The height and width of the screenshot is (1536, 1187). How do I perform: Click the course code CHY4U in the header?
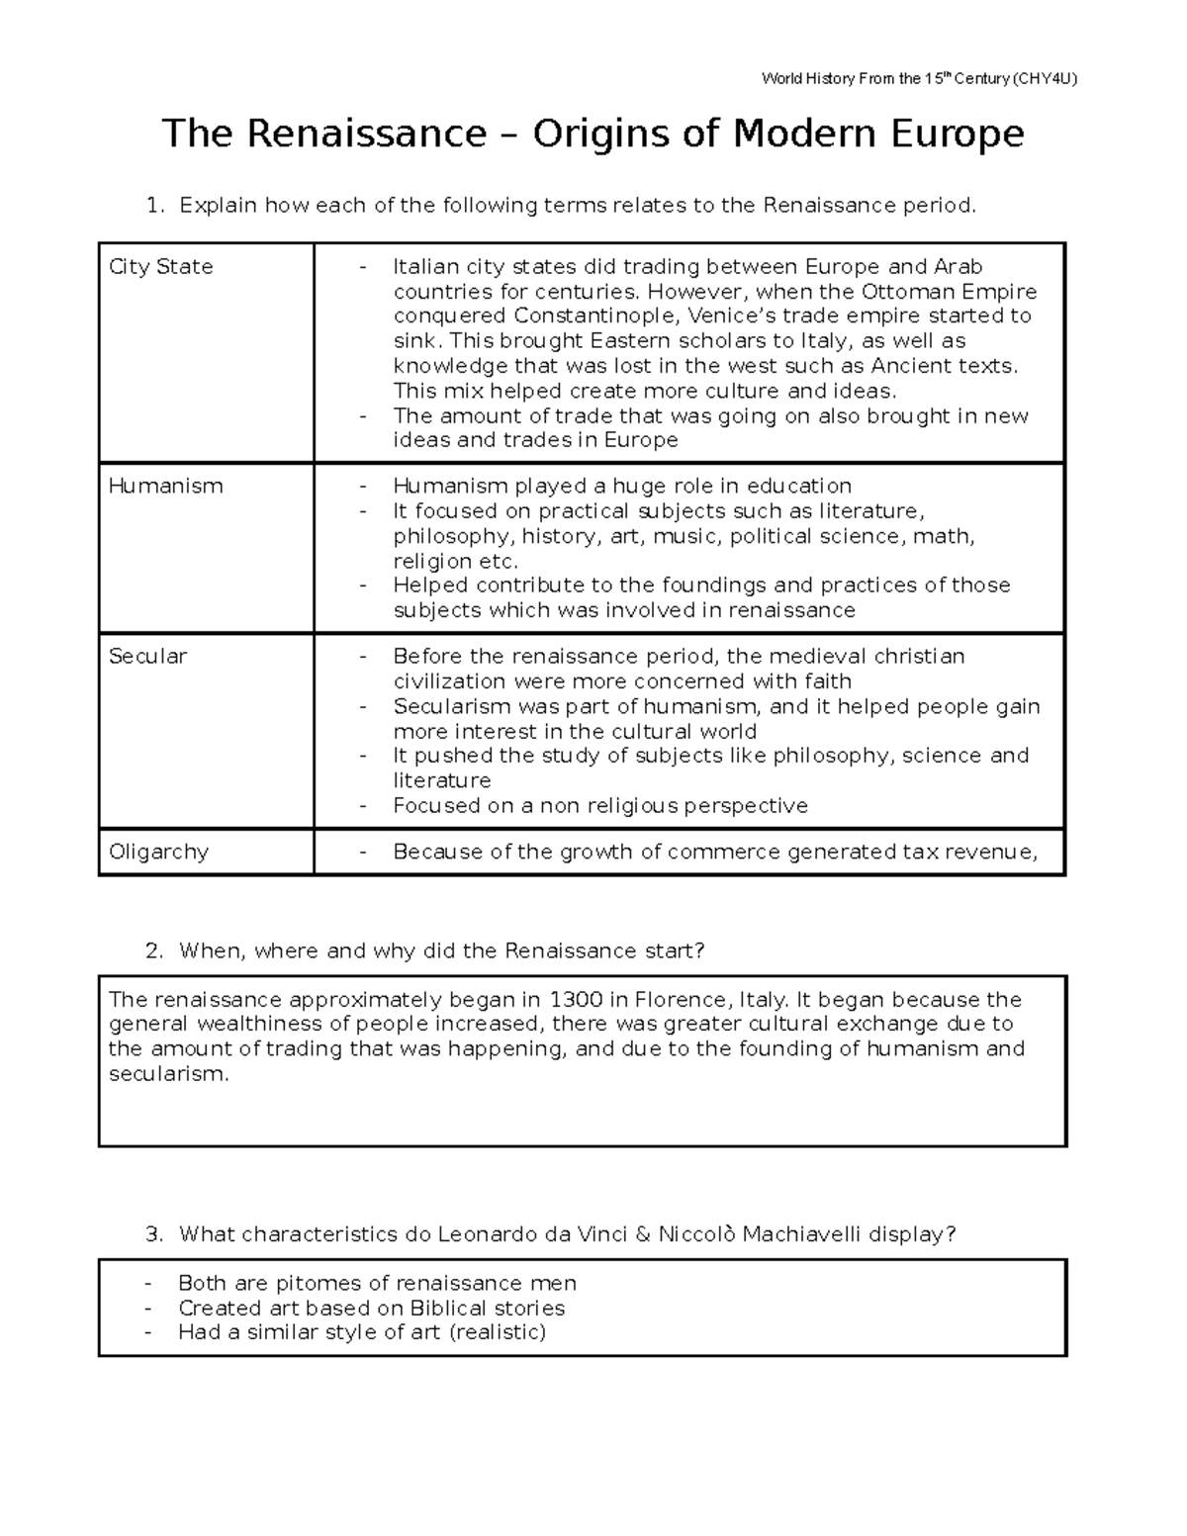point(1046,78)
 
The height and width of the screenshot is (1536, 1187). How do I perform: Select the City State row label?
point(161,267)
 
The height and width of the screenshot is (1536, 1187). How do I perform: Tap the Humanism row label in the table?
point(166,487)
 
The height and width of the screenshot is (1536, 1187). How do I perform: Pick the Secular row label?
point(147,657)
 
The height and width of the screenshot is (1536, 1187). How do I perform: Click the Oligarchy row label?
point(158,853)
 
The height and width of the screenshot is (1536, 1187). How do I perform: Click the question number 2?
point(152,951)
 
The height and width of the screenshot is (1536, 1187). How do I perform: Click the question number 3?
point(152,1234)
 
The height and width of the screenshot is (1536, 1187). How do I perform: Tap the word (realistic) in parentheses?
point(497,1332)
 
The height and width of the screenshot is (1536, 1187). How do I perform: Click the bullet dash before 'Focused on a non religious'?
point(363,806)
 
